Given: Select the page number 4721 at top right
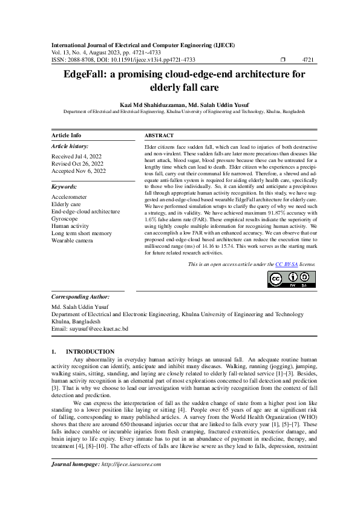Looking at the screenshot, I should pyautogui.click(x=307, y=60).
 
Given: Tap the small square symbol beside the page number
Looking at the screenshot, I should pyautogui.click(x=283, y=60).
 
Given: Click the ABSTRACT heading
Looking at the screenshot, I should pyautogui.click(x=160, y=135).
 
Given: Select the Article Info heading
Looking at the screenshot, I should pyautogui.click(x=67, y=135).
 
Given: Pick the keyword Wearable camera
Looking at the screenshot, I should pyautogui.click(x=73, y=241).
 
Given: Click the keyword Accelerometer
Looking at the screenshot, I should pyautogui.click(x=69, y=197).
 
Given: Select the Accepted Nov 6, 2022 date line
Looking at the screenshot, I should pyautogui.click(x=78, y=171).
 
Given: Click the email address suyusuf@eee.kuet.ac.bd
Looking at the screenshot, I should pyautogui.click(x=99, y=328).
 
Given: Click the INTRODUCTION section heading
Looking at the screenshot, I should pyautogui.click(x=90, y=351).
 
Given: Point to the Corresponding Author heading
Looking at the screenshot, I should pyautogui.click(x=80, y=297).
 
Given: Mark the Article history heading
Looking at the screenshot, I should pyautogui.click(x=70, y=146).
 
